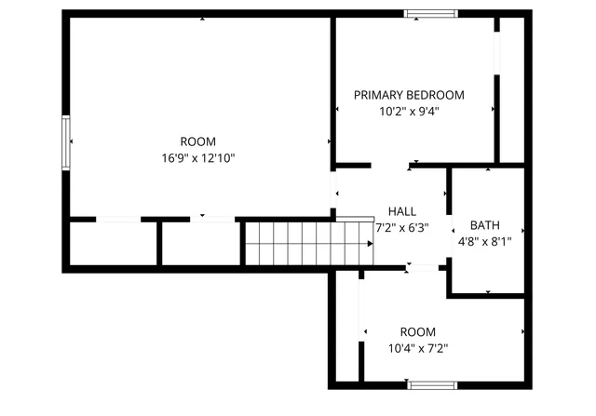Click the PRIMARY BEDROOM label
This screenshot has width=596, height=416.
[409, 95]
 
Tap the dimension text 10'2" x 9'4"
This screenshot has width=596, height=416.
[409, 111]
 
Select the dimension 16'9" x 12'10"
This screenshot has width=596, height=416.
[197, 158]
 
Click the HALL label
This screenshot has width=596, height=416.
[402, 211]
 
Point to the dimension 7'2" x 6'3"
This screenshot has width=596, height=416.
[401, 226]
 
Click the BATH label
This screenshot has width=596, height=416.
[484, 225]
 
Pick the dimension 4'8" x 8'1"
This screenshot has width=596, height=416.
[485, 240]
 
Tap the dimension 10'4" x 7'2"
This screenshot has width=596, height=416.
[418, 348]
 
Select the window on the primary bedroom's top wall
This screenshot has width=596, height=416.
[431, 14]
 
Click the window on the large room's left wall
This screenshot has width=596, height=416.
[65, 141]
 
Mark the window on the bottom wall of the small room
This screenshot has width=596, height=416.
[431, 384]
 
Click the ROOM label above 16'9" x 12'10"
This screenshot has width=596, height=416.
[197, 142]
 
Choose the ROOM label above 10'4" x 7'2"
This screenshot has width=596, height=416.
[418, 332]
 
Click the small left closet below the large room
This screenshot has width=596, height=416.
[113, 244]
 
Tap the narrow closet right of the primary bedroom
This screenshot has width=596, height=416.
[511, 88]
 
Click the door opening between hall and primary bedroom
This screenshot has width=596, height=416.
[390, 167]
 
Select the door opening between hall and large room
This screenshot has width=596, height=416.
[334, 193]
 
